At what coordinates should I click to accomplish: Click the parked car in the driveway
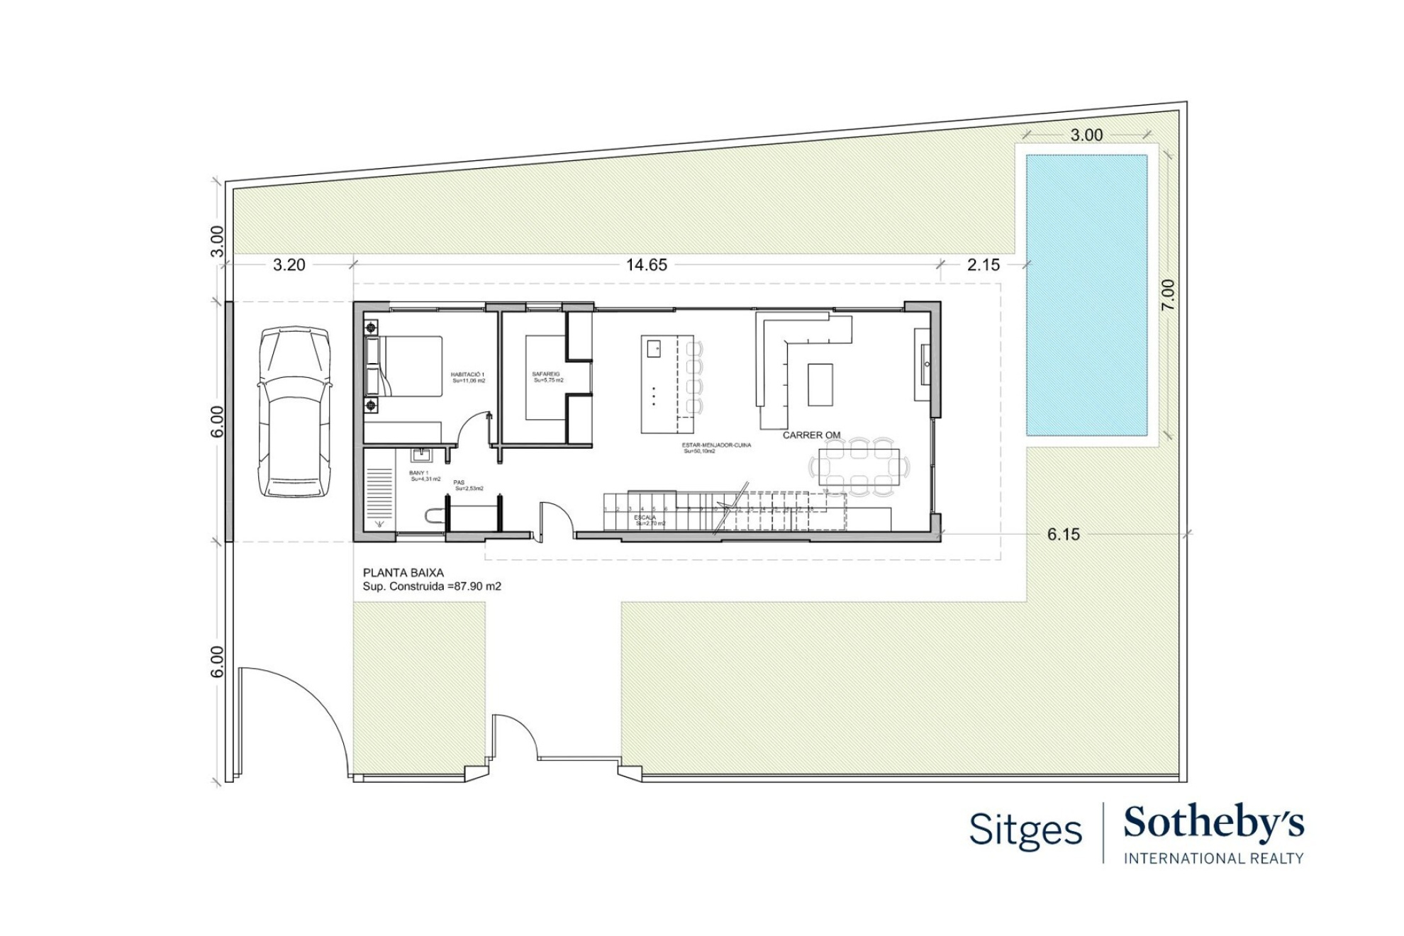point(294,411)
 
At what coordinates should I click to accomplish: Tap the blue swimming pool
point(1086,294)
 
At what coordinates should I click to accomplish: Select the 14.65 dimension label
point(646,265)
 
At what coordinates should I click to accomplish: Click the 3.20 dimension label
point(289,265)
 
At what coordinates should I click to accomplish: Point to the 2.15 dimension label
point(983,265)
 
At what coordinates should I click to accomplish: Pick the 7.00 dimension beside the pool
point(1168,294)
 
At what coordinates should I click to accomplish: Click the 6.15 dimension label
point(1063,535)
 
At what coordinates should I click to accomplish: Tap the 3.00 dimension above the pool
point(1086,135)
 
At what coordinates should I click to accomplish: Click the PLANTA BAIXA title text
point(403,573)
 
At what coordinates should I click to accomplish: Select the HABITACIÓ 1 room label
point(467,374)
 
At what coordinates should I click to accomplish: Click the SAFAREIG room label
point(546,374)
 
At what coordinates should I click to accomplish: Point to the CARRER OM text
point(811,435)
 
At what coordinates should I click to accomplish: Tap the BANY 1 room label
point(418,473)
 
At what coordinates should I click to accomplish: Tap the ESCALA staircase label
point(645,518)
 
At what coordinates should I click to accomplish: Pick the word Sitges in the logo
point(1025,830)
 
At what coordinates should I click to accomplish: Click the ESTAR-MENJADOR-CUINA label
point(716,445)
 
